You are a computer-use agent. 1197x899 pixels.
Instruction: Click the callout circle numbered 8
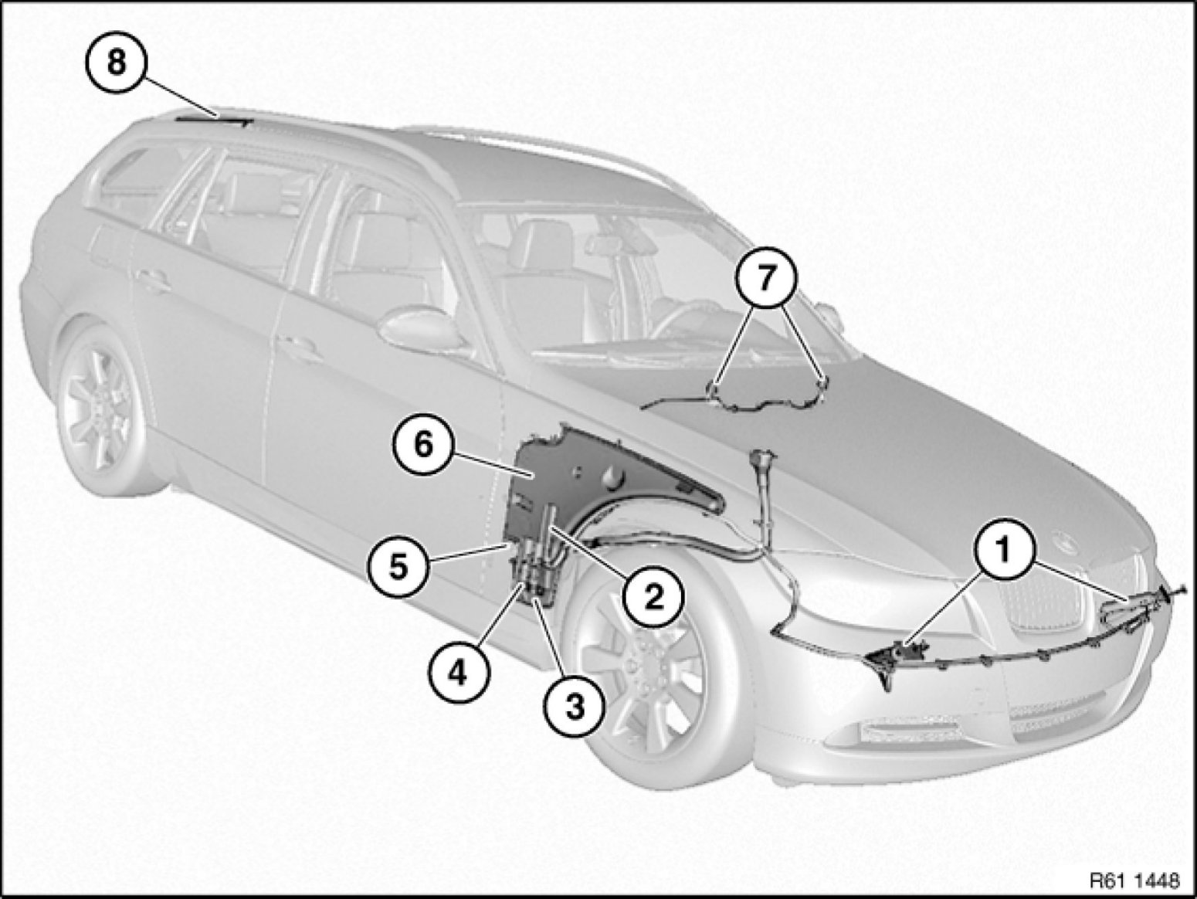click(117, 62)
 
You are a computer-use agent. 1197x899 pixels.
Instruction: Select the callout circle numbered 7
click(766, 279)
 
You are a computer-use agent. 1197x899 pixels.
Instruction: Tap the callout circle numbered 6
click(424, 445)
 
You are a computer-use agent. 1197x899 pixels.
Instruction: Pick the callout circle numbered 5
click(398, 568)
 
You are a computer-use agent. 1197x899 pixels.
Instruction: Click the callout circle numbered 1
click(1003, 552)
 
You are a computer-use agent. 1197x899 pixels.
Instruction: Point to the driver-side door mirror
click(420, 327)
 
